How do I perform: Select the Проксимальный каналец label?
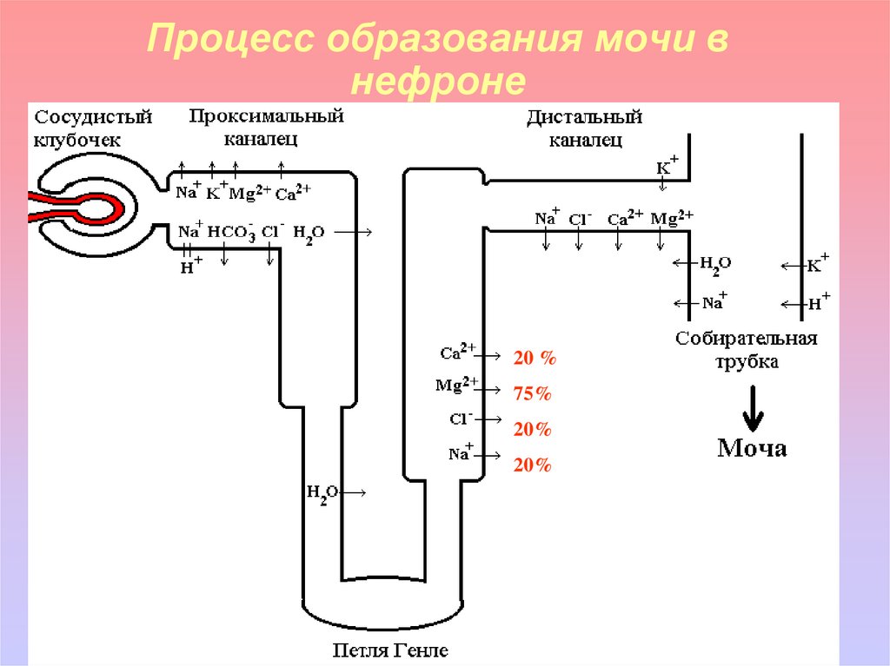[x=267, y=126]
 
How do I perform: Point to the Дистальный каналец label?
[x=584, y=128]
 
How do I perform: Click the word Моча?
[x=752, y=448]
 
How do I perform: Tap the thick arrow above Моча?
[x=752, y=404]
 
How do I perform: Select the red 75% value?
[x=533, y=393]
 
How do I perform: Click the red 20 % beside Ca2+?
[x=535, y=358]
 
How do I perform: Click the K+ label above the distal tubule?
[x=667, y=164]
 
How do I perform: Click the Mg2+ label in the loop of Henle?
[x=459, y=384]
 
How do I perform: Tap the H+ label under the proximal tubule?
[x=190, y=266]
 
